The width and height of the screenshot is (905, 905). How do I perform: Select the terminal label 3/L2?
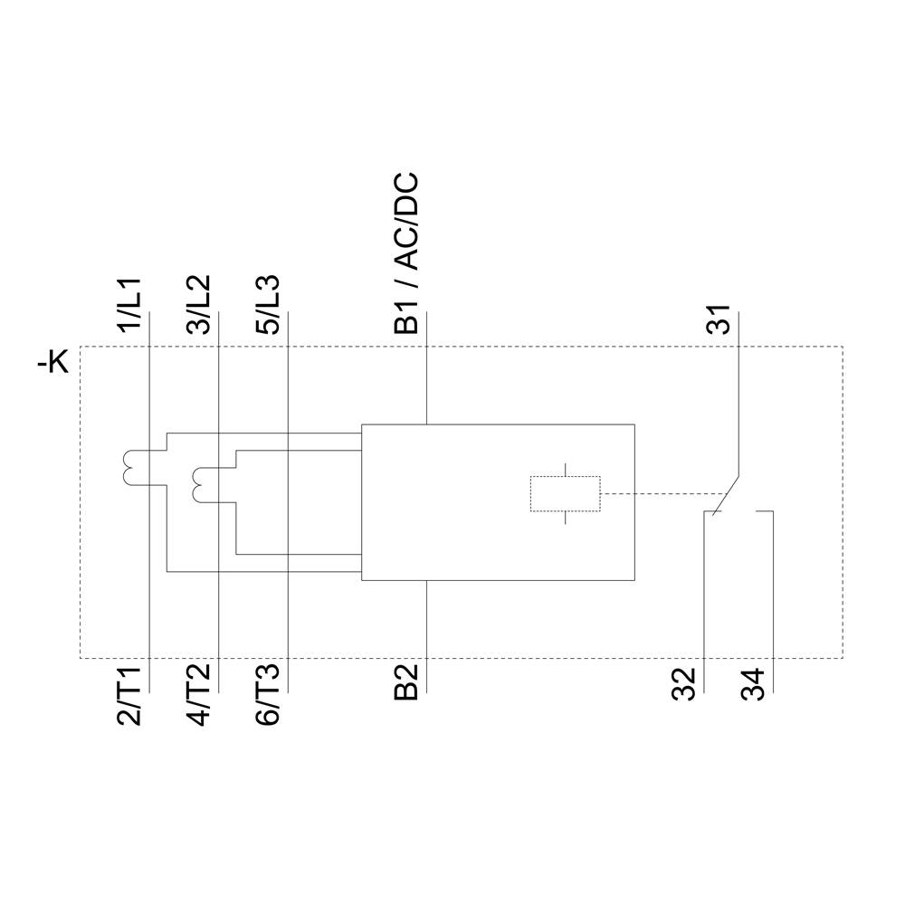(x=201, y=307)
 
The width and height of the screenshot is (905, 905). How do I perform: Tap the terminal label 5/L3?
(x=270, y=307)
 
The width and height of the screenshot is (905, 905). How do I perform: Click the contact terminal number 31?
(x=719, y=321)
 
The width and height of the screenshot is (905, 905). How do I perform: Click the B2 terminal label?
(x=408, y=683)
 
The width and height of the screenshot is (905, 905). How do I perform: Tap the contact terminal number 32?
(x=685, y=684)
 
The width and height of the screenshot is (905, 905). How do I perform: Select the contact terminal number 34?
(x=754, y=684)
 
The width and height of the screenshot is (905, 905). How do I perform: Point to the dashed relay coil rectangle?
(x=565, y=494)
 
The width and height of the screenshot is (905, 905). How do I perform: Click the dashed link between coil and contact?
(x=661, y=494)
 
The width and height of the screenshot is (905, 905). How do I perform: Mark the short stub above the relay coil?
(x=565, y=470)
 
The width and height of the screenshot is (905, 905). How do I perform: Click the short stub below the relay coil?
(x=565, y=519)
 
